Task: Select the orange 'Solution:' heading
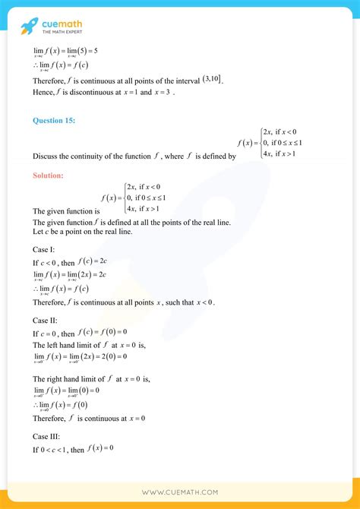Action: tap(48, 175)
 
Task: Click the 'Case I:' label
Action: tap(44, 249)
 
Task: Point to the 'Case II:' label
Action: tap(46, 321)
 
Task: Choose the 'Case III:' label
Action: tap(47, 438)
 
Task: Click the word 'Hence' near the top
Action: tap(43, 93)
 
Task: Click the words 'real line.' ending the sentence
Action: tap(215, 222)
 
